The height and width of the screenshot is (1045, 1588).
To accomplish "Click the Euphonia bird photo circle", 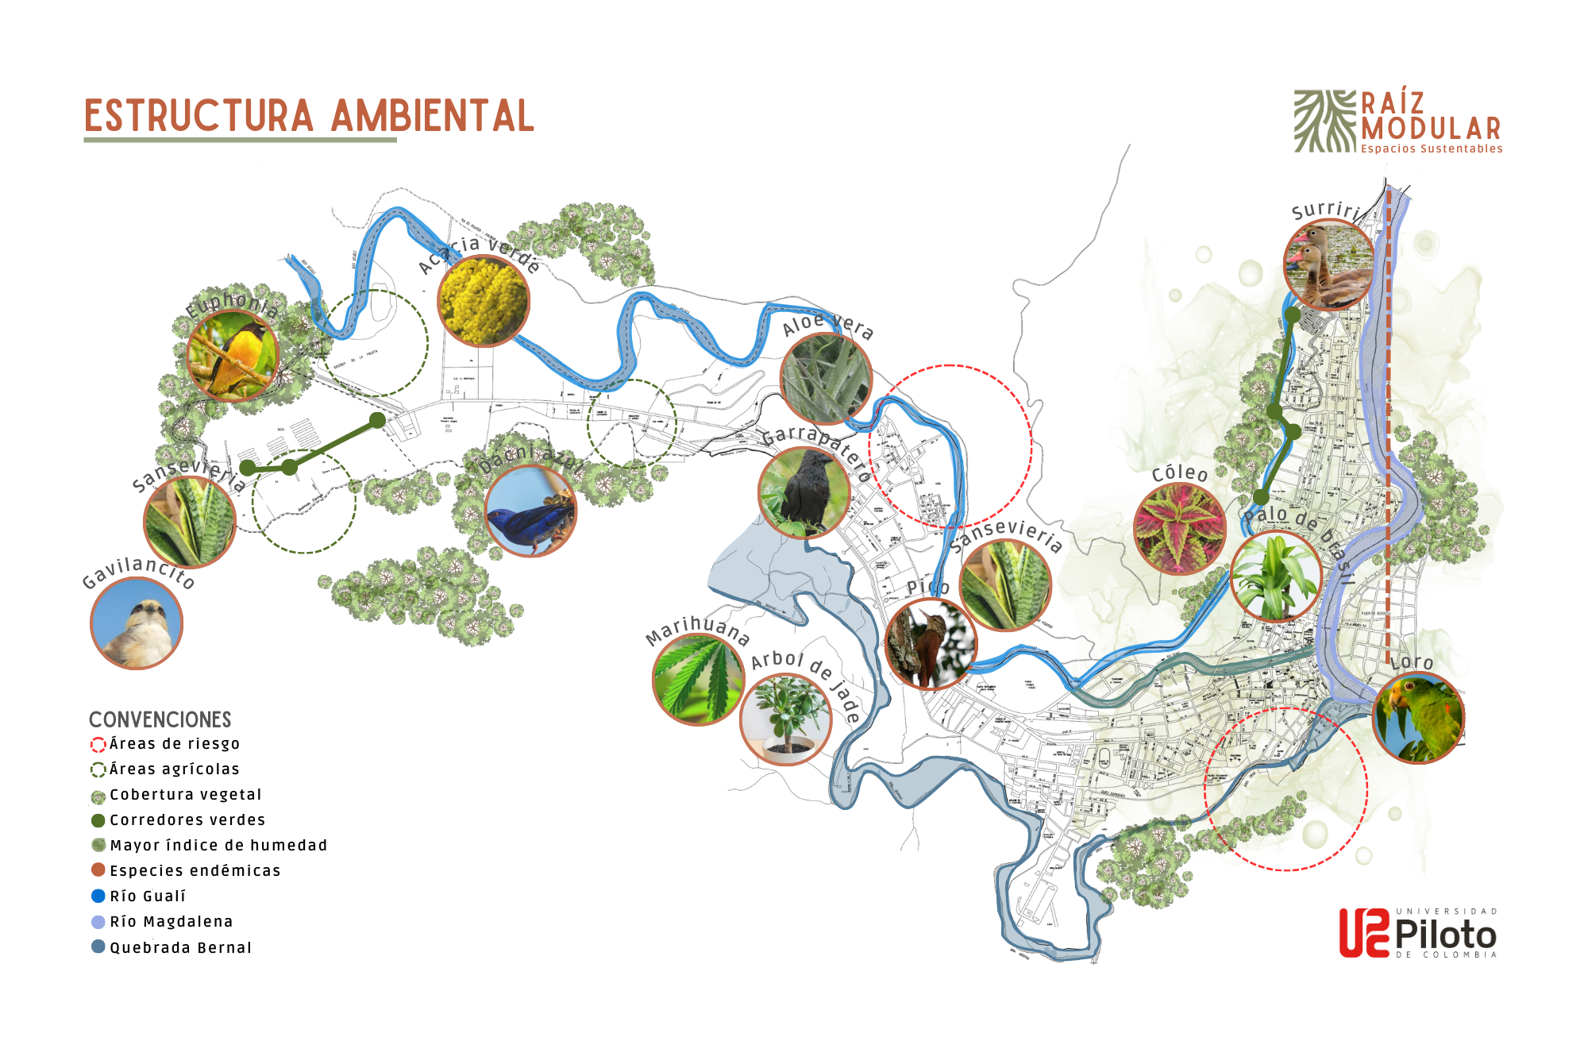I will [232, 355].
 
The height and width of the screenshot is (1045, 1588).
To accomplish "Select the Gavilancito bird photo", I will [137, 623].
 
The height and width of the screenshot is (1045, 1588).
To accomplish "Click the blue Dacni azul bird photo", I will [530, 511].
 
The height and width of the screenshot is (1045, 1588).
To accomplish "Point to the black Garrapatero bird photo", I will [804, 493].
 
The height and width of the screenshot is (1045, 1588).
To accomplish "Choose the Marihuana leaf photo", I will [698, 680].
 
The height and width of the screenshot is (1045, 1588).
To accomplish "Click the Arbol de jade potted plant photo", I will [786, 719].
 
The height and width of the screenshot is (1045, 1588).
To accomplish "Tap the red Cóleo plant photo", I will [1180, 528].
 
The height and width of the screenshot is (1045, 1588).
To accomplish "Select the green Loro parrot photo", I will [1419, 718].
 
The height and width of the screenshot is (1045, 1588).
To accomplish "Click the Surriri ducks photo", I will [1329, 265].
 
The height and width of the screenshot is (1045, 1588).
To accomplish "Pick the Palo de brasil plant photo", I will [1276, 576].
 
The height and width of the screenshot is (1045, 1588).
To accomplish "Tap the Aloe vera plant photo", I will [827, 379].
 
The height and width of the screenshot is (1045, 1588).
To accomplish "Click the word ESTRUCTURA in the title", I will [198, 117].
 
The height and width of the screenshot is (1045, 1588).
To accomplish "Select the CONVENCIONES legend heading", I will [160, 719].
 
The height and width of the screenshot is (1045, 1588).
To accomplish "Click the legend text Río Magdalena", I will [172, 922].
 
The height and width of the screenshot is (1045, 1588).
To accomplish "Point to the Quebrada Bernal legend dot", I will [98, 947].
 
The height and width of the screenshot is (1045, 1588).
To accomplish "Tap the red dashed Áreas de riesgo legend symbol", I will [98, 744].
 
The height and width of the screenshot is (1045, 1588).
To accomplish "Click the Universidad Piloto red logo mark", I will [1364, 933].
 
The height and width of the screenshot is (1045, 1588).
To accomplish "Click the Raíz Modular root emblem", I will [1324, 121].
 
